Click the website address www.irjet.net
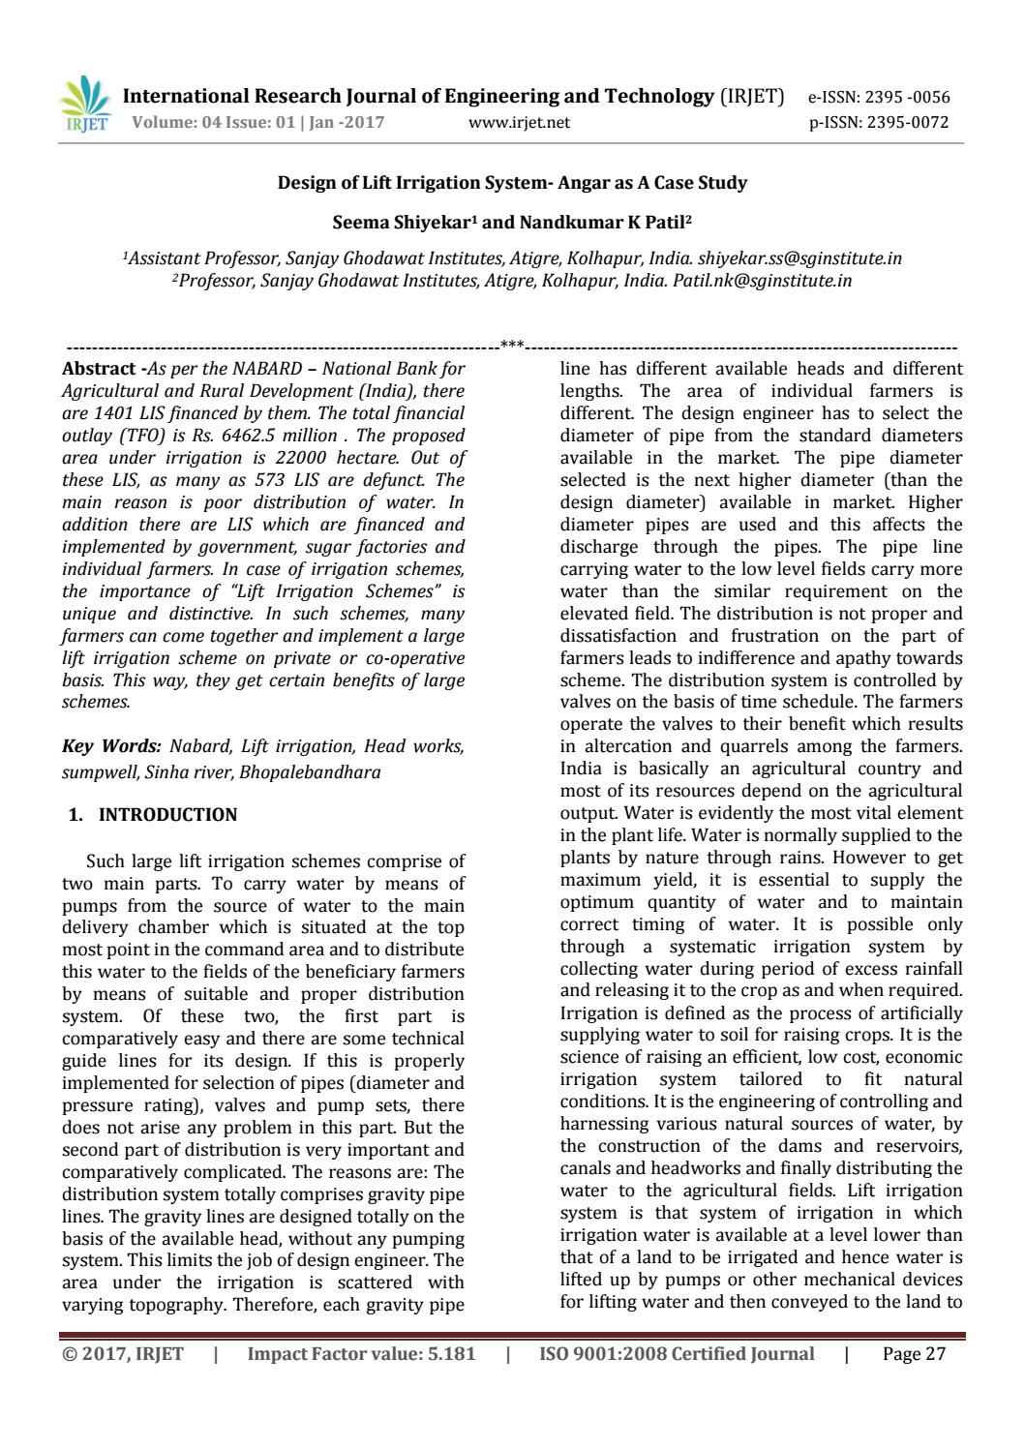tap(519, 123)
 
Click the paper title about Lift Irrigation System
tap(512, 183)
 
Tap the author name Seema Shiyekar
tap(401, 222)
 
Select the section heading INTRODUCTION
tap(167, 815)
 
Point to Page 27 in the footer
tap(914, 1354)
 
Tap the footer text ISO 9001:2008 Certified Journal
tap(677, 1354)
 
